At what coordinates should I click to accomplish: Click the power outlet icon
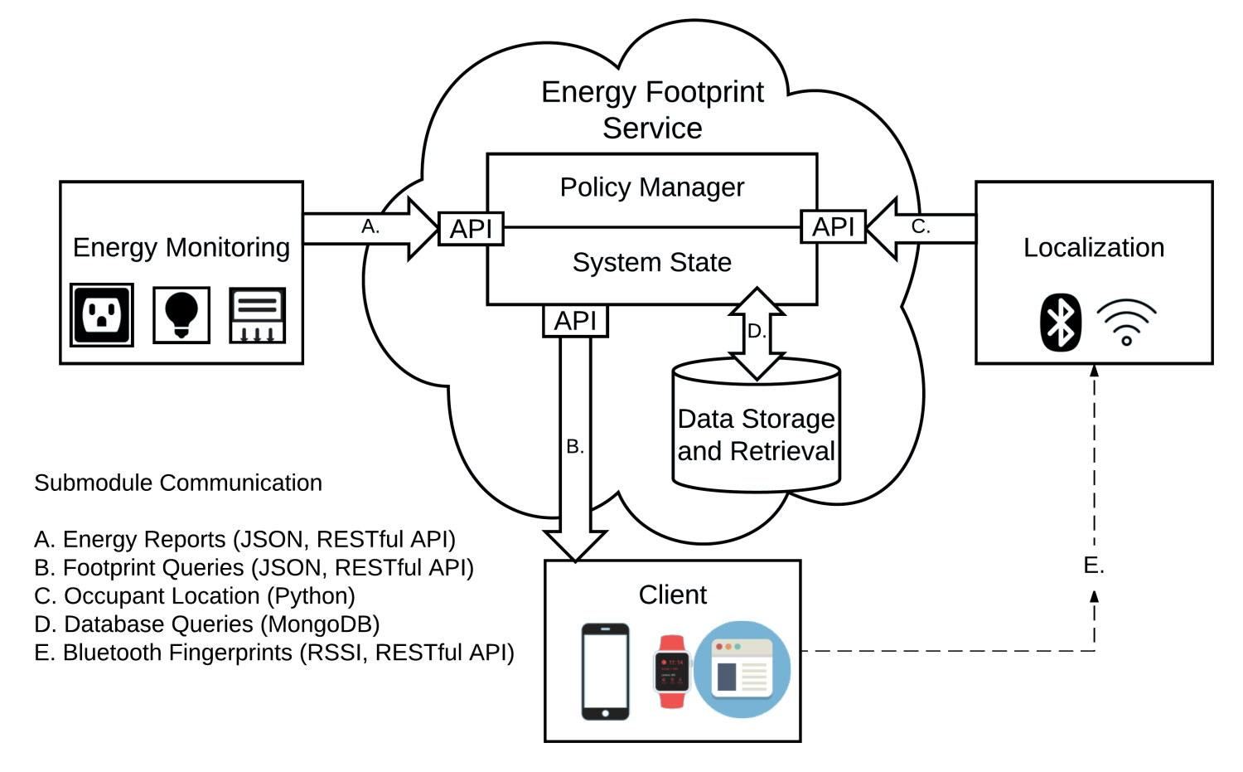point(102,315)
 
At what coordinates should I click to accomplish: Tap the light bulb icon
point(181,314)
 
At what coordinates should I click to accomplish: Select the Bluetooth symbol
point(1061,323)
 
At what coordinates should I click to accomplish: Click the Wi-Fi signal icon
point(1126,323)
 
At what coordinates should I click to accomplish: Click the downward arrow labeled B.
point(574,448)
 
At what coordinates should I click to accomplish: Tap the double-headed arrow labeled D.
point(756,333)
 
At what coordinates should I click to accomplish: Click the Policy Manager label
point(653,187)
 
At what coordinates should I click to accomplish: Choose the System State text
point(652,263)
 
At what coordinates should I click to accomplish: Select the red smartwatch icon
point(672,672)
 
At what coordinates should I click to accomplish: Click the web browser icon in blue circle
point(742,669)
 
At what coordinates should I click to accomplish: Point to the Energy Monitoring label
point(182,248)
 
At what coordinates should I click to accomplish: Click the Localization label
point(1094,248)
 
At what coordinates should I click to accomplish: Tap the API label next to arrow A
point(471,229)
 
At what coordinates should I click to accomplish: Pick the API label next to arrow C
point(832,226)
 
